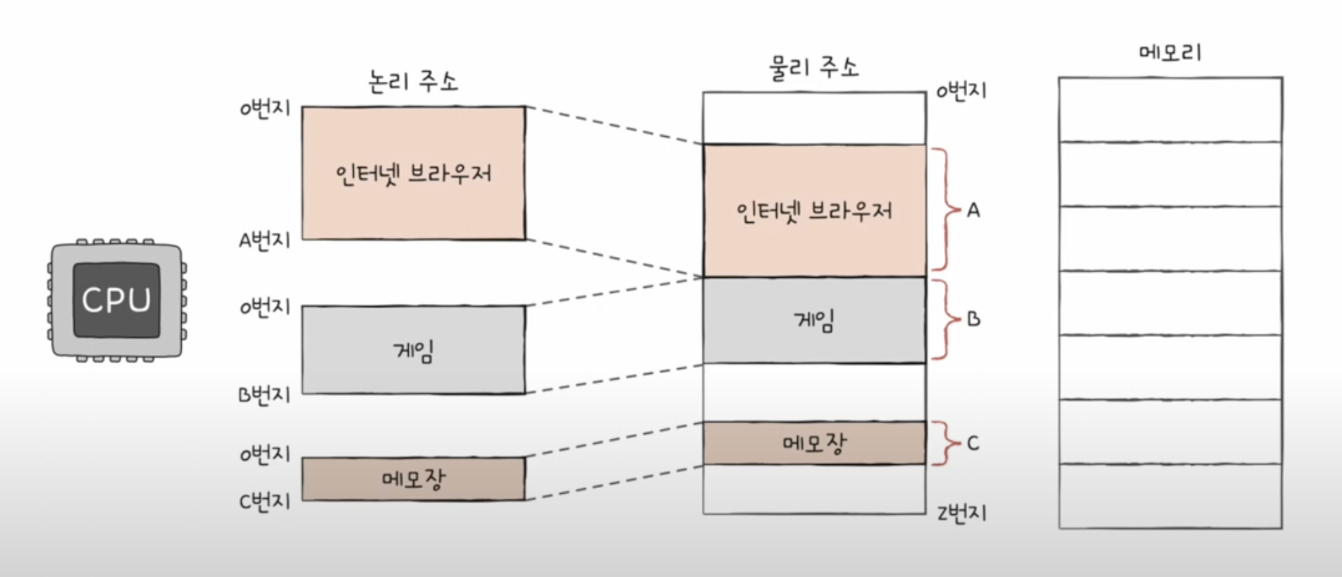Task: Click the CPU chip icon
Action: (x=116, y=300)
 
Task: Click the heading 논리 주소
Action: (x=413, y=81)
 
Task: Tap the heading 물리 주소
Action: (x=813, y=68)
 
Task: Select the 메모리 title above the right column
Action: (x=1170, y=52)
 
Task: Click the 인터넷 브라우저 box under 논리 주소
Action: (x=414, y=173)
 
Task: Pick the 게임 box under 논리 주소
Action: (x=414, y=350)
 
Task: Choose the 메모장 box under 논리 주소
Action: (x=414, y=480)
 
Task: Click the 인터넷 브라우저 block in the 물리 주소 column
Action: (x=814, y=210)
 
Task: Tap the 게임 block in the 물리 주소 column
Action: (x=814, y=321)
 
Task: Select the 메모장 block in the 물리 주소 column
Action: (x=814, y=443)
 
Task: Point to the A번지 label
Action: (x=264, y=241)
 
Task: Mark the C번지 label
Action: (x=264, y=502)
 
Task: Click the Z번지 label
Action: (x=961, y=514)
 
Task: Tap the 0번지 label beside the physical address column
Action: (x=961, y=91)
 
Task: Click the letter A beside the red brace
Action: (x=973, y=210)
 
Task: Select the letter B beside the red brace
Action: (x=973, y=320)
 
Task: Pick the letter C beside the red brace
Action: (x=973, y=443)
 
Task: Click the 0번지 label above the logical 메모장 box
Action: (x=264, y=454)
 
